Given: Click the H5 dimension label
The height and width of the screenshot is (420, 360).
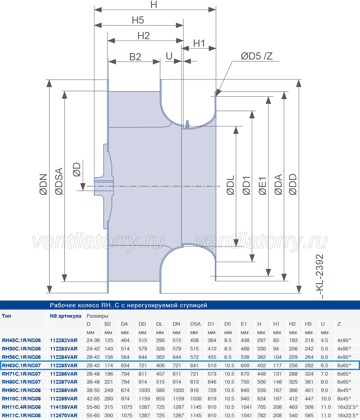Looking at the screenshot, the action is tap(138, 20).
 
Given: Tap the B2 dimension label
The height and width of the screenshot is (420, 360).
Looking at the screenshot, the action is tap(135, 57).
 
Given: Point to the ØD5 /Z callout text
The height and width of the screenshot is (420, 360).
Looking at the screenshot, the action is tap(256, 56).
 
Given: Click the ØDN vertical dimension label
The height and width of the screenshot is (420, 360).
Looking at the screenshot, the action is tap(44, 184).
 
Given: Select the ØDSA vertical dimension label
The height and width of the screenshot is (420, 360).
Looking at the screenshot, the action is tap(59, 181).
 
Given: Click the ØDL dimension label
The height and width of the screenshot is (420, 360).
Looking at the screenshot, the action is tap(230, 185).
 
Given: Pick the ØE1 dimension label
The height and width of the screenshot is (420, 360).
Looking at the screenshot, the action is tap(262, 186).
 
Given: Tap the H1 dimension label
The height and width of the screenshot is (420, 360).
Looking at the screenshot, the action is tap(199, 44).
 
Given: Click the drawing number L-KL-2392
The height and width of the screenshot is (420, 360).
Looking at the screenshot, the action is tap(319, 276).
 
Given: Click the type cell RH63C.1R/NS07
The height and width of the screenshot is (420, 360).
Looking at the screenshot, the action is tap(22, 365).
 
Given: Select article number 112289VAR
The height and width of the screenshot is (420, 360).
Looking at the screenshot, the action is tap(64, 398).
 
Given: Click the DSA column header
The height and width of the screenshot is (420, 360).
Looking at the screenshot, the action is tap(196, 324).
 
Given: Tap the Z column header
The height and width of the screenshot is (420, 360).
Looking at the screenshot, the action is tap(339, 324).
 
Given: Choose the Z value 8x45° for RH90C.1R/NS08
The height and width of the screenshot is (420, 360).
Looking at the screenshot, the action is tap(344, 390).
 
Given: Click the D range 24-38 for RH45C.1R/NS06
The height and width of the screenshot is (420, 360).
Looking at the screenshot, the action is tap(93, 340).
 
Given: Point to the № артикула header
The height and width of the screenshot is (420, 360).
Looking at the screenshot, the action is tap(66, 316).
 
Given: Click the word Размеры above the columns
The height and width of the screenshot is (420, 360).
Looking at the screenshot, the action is tap(97, 316).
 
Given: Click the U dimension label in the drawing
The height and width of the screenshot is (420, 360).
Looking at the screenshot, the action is tap(169, 56).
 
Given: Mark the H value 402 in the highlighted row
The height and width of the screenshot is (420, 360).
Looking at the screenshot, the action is tap(261, 365).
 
